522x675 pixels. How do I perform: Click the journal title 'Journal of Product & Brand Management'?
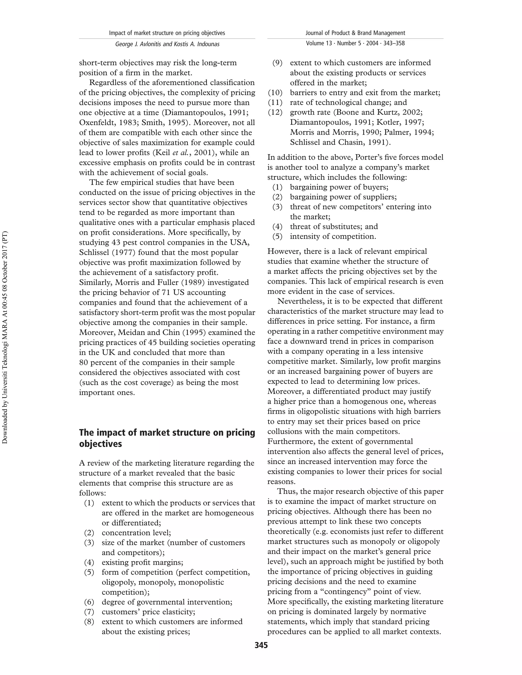(355, 33)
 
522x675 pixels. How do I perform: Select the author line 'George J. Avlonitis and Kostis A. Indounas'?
(167, 44)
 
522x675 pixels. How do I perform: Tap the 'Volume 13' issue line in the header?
(355, 43)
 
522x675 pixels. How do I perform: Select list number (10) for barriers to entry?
(275, 93)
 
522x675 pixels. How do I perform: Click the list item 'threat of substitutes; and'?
(334, 226)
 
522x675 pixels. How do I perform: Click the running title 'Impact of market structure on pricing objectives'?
(167, 33)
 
